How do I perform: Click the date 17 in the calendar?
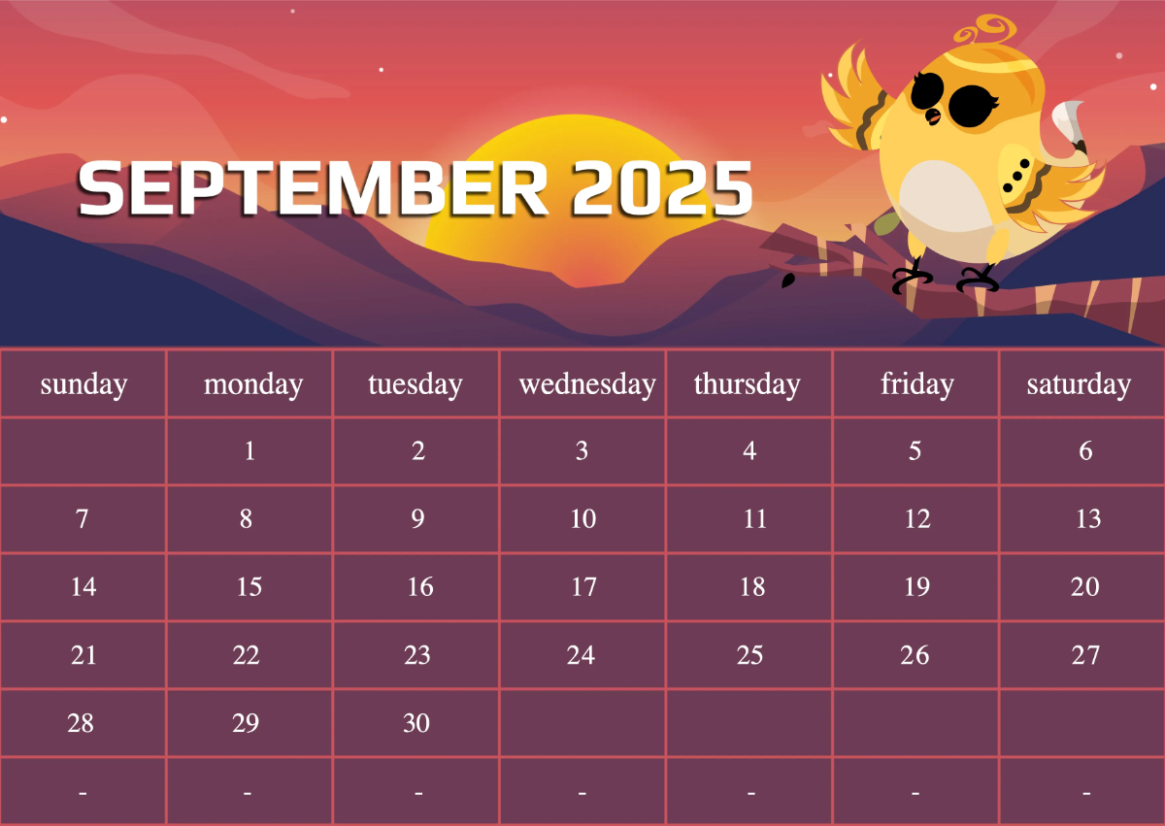(583, 587)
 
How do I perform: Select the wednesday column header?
(586, 384)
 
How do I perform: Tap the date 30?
(416, 723)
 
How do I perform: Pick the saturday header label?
(1079, 384)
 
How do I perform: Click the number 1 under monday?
(250, 451)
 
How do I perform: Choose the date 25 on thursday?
(749, 655)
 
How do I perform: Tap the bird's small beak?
(933, 117)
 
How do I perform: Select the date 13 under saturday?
(1087, 519)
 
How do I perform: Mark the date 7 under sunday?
(83, 519)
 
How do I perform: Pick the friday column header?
(916, 384)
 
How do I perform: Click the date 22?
(247, 655)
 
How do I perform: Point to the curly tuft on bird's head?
(982, 29)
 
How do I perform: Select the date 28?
(82, 723)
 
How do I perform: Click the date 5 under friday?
(915, 451)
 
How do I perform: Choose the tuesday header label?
(415, 384)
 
